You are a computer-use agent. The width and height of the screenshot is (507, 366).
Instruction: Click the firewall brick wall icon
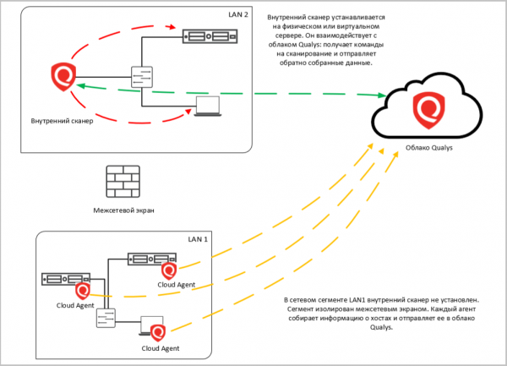[117, 182]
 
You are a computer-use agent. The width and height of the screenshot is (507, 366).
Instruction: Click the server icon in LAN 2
[208, 36]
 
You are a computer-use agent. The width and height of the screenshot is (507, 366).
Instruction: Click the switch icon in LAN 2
[141, 79]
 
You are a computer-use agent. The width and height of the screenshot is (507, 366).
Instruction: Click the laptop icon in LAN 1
[152, 325]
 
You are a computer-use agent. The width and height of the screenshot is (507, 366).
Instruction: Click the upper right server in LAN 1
[149, 259]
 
